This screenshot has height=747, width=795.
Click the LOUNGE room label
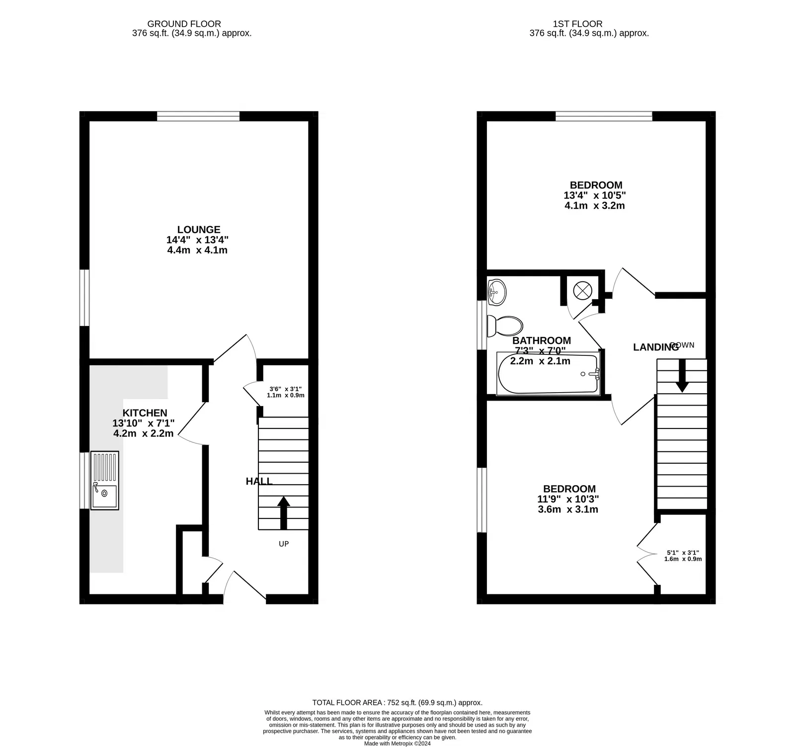199,230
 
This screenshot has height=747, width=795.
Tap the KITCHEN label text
145,413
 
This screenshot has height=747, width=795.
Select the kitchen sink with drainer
104,480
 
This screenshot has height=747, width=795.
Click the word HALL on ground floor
259,481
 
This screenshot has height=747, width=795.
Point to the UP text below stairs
284,544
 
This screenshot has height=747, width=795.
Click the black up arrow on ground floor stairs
284,512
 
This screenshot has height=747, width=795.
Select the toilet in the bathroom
505,326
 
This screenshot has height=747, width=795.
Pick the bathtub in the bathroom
549,374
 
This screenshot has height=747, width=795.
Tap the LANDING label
655,347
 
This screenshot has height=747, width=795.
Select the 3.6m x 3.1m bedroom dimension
568,509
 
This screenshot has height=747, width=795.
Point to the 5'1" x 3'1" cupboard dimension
683,553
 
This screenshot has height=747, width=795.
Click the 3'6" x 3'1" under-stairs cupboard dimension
285,389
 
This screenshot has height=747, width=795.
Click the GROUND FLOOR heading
184,24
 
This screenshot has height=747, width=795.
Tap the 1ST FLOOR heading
577,24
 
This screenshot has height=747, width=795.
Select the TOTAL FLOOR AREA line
397,703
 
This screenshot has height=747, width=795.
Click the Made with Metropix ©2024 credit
397,744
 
